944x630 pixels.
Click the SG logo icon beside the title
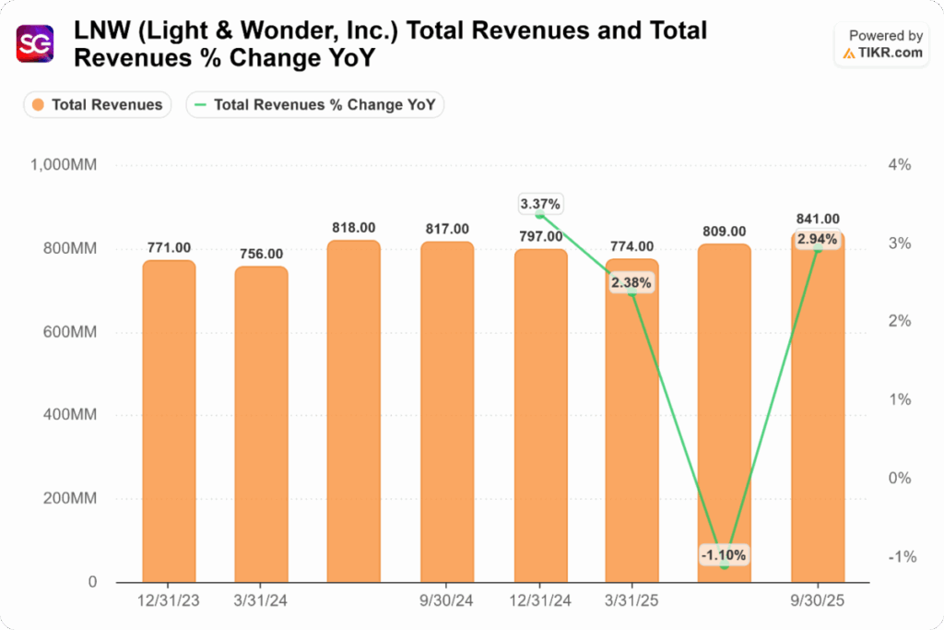(36, 43)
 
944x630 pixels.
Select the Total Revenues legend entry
(98, 105)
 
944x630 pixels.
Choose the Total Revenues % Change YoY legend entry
(315, 105)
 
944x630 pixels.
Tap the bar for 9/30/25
(817, 415)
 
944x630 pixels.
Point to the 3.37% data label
(540, 203)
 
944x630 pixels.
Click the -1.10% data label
(724, 554)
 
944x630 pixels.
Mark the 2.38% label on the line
(631, 283)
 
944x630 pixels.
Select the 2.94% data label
(818, 240)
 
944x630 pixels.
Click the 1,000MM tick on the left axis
(70, 165)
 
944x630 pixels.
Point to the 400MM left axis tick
(77, 416)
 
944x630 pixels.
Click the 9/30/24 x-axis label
(446, 599)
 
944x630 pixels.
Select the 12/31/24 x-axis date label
(539, 599)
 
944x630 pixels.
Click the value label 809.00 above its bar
(724, 232)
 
